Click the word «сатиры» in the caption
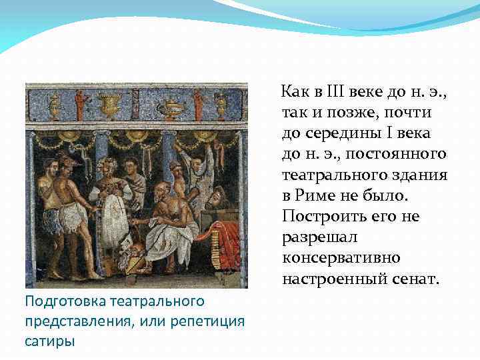[x=49, y=341]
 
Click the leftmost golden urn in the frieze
[x=55, y=104]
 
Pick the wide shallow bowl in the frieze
[x=173, y=107]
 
